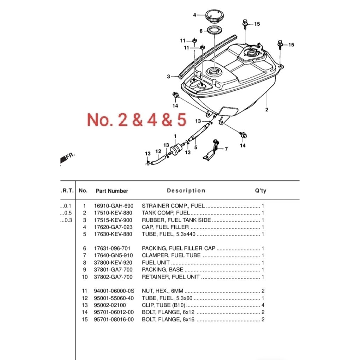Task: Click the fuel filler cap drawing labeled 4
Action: click(214, 16)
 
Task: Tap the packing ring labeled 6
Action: click(215, 30)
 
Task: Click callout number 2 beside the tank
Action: click(266, 110)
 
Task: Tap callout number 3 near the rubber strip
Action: click(168, 76)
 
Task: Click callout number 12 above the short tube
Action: click(158, 151)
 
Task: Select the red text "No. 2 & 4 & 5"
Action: click(137, 120)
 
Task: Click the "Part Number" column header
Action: click(112, 191)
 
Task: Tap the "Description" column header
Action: click(186, 191)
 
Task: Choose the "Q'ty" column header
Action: click(261, 191)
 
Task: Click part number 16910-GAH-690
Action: click(114, 206)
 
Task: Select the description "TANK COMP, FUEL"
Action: click(166, 213)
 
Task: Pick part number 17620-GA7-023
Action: click(113, 227)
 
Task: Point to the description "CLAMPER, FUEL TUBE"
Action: click(171, 255)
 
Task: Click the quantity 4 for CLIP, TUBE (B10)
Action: click(263, 305)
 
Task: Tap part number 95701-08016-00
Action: click(114, 319)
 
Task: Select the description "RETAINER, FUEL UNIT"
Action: click(171, 277)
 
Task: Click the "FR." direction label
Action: click(70, 156)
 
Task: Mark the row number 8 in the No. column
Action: click(84, 263)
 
